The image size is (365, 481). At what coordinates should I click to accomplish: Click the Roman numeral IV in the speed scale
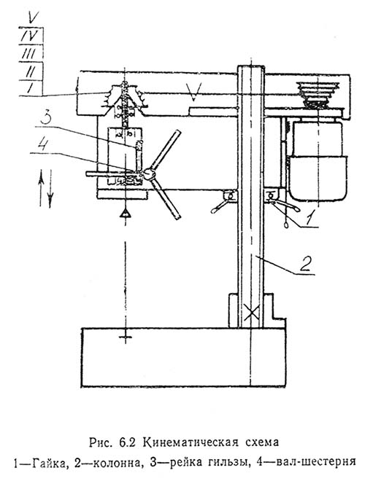coord(29,36)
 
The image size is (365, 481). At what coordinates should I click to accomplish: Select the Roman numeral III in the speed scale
coord(29,54)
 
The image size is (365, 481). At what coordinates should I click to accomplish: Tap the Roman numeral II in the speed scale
coord(30,72)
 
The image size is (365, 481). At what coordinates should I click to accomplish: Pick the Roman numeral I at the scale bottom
coord(30,88)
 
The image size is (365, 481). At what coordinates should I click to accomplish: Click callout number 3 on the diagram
coord(46,118)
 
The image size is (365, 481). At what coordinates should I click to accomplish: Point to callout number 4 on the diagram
coord(42,144)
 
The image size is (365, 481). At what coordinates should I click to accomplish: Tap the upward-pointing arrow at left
coord(41,188)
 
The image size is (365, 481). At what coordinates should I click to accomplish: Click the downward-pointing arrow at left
coord(50,188)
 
